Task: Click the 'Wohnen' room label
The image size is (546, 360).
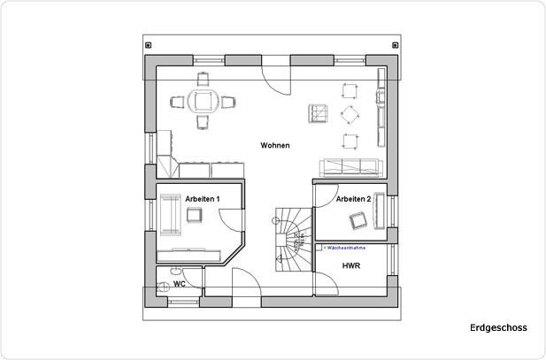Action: coord(274,145)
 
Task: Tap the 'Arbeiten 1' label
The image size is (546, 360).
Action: coord(202,200)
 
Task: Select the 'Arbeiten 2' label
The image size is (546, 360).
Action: coord(352,200)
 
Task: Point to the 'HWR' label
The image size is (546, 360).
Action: coord(350,265)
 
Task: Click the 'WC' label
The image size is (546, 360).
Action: coord(179,284)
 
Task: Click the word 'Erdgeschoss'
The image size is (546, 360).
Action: coord(498,328)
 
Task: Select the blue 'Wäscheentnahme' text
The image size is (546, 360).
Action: coord(346,249)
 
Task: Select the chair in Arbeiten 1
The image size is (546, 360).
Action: coord(195,216)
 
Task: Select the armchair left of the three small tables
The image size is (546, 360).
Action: coord(318,114)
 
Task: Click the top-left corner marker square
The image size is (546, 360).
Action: coord(149,45)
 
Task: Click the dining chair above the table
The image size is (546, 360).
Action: coord(204,78)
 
